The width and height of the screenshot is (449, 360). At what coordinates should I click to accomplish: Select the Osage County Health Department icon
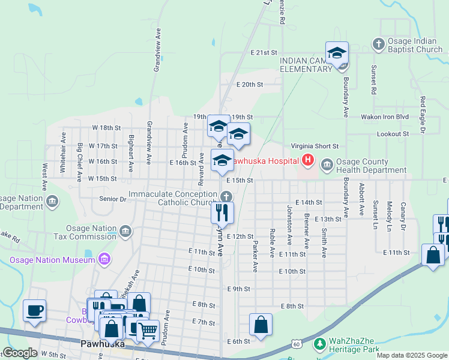(327, 164)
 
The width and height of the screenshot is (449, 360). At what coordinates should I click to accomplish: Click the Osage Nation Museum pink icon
(104, 259)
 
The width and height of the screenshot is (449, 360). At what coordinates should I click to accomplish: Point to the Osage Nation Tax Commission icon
(125, 230)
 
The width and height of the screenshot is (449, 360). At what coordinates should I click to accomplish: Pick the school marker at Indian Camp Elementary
(337, 53)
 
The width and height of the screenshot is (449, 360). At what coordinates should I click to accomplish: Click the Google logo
(20, 353)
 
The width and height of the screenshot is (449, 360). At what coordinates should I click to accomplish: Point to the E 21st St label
(264, 53)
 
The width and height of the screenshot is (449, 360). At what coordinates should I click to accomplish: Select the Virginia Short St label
(315, 146)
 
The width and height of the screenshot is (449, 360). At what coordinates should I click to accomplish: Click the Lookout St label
(393, 134)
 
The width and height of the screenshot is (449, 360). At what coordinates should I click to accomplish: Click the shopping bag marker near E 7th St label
(260, 325)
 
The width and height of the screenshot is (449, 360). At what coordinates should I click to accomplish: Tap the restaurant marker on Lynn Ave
(222, 212)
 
